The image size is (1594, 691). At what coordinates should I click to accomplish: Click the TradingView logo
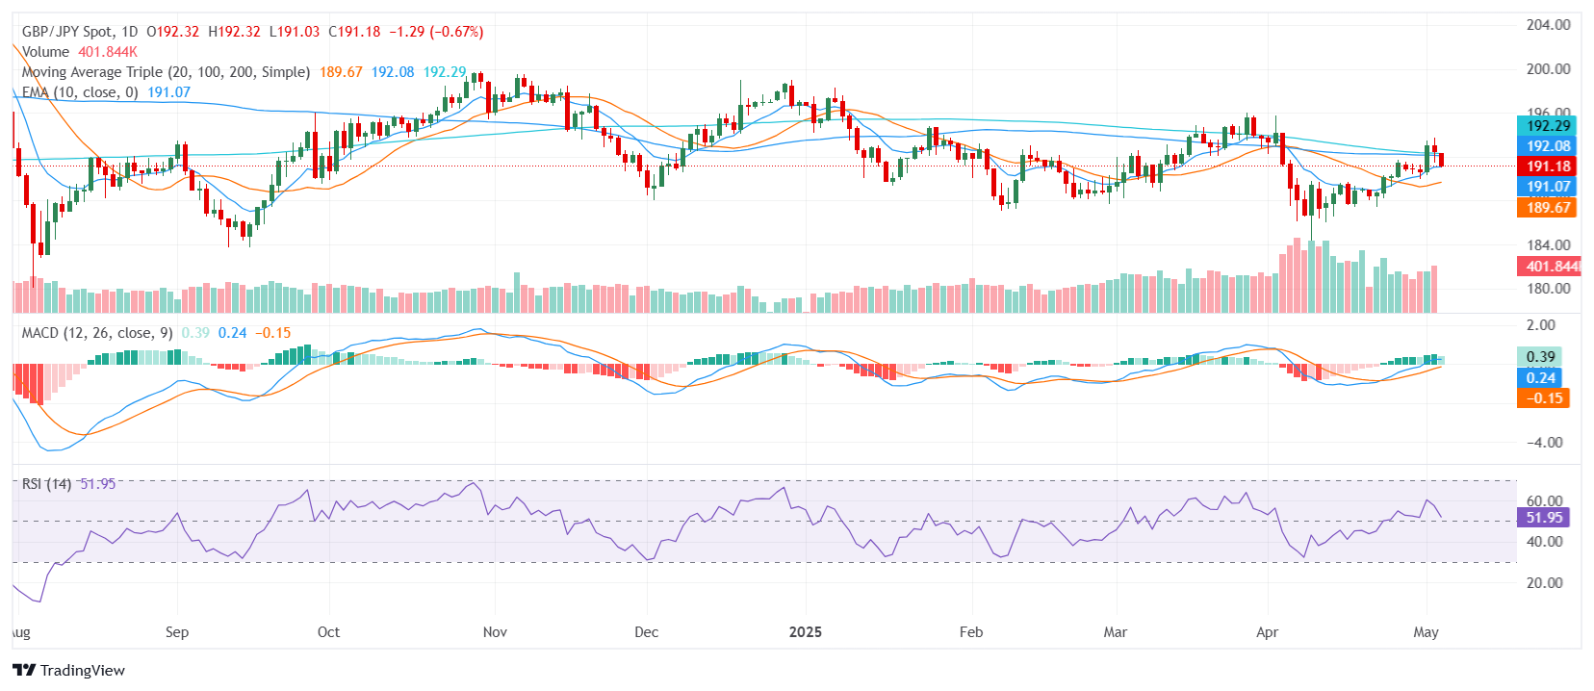[68, 670]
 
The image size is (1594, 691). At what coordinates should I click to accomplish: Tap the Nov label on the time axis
[495, 632]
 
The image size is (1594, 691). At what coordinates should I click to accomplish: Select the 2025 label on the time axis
[805, 632]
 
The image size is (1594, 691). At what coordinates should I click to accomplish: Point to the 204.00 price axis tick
[1548, 25]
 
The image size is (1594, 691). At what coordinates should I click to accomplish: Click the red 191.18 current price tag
[1547, 166]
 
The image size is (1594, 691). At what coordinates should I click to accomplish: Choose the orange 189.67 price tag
[1547, 208]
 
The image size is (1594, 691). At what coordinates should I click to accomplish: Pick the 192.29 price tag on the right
[1547, 125]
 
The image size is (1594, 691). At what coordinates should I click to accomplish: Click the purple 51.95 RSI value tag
[1543, 518]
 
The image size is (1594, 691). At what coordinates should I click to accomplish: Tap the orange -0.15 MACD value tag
[1543, 398]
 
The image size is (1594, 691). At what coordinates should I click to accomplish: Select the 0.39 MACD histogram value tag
[1540, 357]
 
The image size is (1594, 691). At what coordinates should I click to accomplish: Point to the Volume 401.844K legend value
[108, 52]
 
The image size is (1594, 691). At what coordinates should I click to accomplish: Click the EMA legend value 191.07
[168, 92]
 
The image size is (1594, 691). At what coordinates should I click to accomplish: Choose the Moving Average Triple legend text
[166, 72]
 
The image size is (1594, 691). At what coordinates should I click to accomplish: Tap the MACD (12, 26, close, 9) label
[97, 333]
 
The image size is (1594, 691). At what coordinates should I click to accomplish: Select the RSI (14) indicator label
[46, 484]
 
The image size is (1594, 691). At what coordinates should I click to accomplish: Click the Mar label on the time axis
[1115, 632]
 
